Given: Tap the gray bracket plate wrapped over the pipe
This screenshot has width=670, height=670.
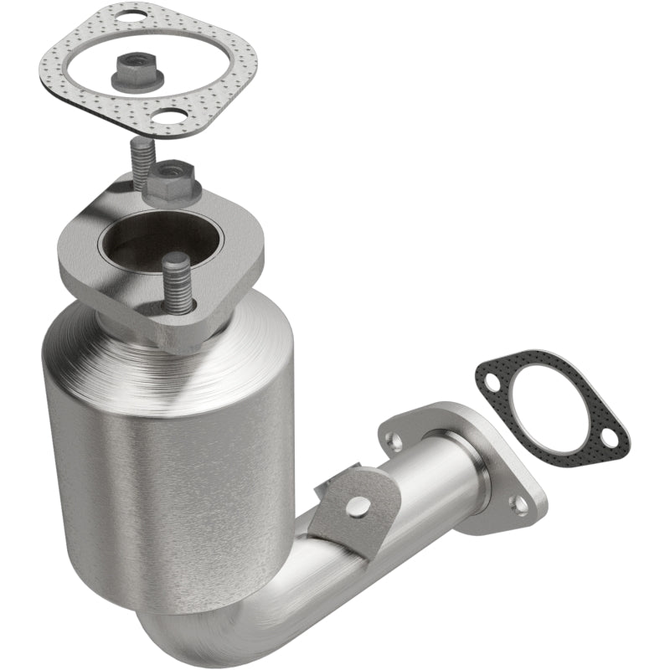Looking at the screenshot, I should click(331, 519).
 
